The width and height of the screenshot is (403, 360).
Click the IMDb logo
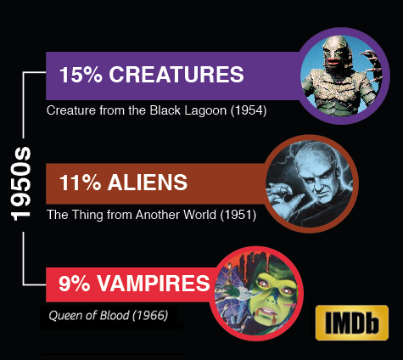tap(352, 323)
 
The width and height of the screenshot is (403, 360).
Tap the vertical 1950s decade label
tap(20, 183)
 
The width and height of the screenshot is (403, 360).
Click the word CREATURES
tap(176, 75)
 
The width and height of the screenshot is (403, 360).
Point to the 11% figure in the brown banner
tap(80, 183)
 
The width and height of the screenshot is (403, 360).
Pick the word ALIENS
tap(148, 183)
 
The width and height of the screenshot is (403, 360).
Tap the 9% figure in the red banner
tap(74, 284)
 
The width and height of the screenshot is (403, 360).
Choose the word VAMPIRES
tap(154, 284)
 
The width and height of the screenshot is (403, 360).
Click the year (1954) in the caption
tap(249, 110)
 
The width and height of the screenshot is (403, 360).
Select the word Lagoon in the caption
tap(205, 111)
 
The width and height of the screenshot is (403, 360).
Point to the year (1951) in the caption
tap(238, 215)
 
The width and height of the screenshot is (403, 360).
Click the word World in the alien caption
tap(199, 215)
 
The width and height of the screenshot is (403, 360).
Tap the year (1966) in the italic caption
tap(150, 315)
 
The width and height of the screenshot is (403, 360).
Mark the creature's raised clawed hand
tap(371, 63)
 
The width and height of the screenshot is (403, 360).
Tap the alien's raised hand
tap(283, 198)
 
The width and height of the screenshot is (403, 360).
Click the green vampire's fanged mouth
tap(269, 312)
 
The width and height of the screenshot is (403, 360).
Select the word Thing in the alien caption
tap(87, 215)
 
